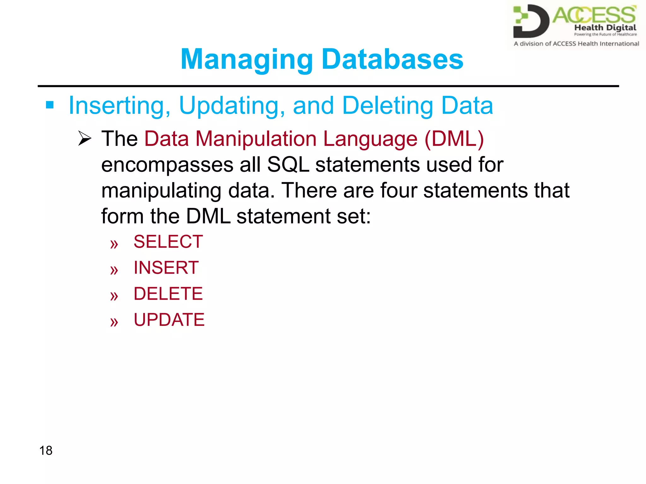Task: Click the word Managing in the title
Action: tap(247, 60)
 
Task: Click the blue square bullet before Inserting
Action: tap(50, 105)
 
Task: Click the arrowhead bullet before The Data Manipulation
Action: tap(85, 139)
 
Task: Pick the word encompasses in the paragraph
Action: tap(167, 165)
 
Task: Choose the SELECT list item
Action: tap(168, 242)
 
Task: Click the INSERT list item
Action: tap(166, 268)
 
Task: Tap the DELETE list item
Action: tap(168, 294)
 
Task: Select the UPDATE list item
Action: tap(169, 320)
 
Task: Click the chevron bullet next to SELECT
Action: tap(114, 244)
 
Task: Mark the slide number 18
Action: tap(46, 451)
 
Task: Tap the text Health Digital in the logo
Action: tap(605, 28)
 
